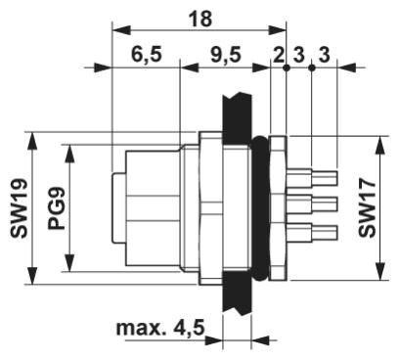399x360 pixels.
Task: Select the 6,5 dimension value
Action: tap(144, 55)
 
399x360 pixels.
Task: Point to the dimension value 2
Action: tap(278, 55)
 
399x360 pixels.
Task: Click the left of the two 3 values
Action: tap(298, 55)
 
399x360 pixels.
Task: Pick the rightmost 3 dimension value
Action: tap(324, 55)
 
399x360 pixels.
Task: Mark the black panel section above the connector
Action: tap(237, 110)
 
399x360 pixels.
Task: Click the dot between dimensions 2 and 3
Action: tap(286, 67)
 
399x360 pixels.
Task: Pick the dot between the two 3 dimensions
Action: tap(311, 67)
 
